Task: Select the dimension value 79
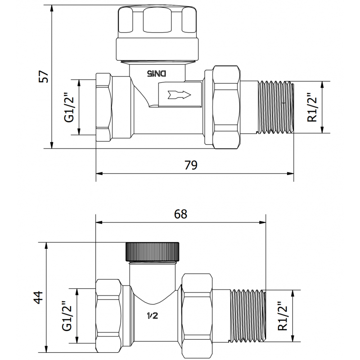click(191, 165)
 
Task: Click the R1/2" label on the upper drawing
click(312, 108)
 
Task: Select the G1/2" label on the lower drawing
click(67, 315)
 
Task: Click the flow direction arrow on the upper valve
click(179, 95)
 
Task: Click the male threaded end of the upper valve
click(274, 107)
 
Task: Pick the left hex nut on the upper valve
click(104, 107)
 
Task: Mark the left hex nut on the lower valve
click(108, 315)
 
